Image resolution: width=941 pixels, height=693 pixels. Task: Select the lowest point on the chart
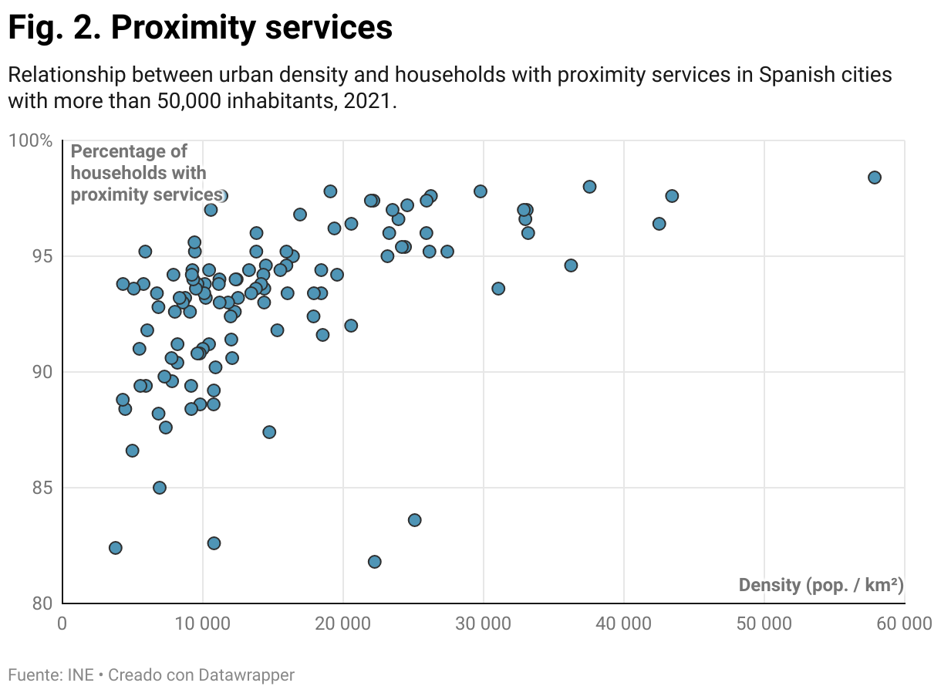[x=374, y=562]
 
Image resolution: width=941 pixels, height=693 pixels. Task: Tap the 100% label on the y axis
[x=30, y=141]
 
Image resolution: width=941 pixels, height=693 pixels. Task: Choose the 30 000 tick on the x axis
[x=483, y=624]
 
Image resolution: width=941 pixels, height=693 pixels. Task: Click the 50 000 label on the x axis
[x=764, y=624]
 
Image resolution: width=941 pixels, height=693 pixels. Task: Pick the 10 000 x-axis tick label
[x=202, y=624]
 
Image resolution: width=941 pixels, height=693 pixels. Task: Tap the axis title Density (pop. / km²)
[x=821, y=585]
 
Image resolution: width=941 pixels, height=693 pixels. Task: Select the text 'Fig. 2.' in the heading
[x=54, y=29]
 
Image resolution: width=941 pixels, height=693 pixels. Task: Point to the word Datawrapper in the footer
[x=246, y=675]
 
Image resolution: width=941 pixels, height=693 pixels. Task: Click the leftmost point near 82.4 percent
[x=116, y=548]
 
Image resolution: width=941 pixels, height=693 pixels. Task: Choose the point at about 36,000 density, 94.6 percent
[x=571, y=265]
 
